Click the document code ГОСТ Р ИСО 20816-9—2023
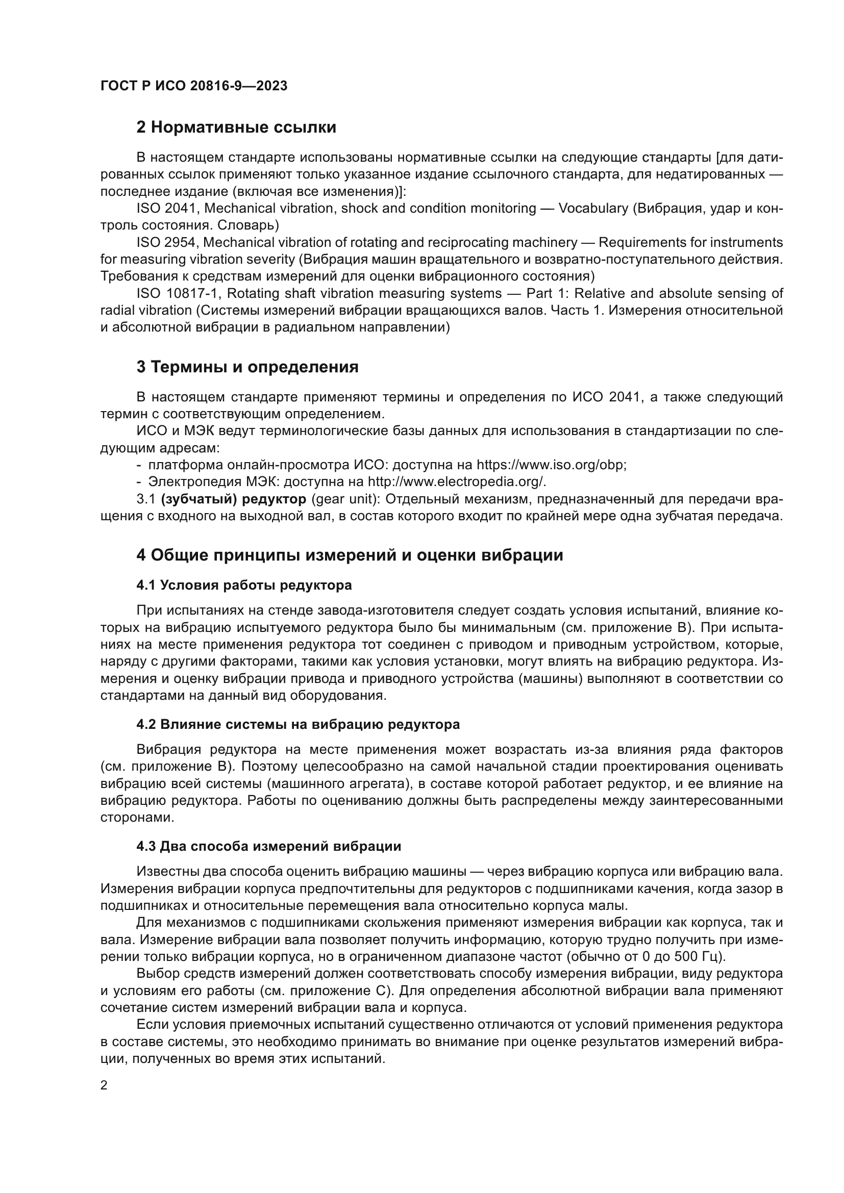click(194, 86)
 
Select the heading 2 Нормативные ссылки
click(236, 128)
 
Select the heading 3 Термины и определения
click(247, 367)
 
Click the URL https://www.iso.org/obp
click(551, 465)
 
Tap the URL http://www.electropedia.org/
click(457, 481)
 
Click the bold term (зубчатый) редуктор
click(233, 499)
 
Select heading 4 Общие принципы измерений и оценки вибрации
click(350, 555)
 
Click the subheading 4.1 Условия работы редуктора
click(244, 585)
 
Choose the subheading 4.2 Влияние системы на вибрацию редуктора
click(298, 724)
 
